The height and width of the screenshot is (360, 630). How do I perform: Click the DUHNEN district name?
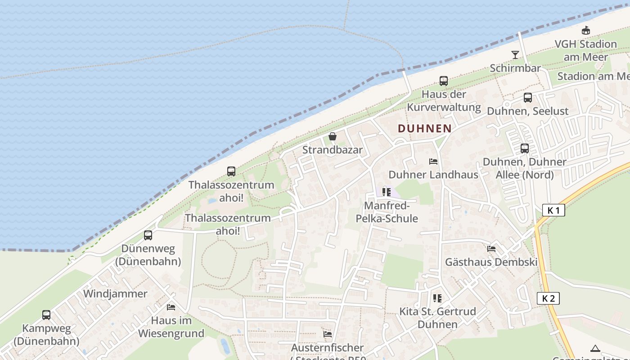pyautogui.click(x=424, y=128)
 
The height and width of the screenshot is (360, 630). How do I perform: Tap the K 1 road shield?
pyautogui.click(x=553, y=210)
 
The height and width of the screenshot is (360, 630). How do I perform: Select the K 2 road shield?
pyautogui.click(x=548, y=298)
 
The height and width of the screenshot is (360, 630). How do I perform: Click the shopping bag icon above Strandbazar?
pyautogui.click(x=333, y=136)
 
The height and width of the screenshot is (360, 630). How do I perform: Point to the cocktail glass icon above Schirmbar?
pyautogui.click(x=515, y=55)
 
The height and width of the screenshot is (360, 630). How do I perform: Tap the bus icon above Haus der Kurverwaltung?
pyautogui.click(x=444, y=81)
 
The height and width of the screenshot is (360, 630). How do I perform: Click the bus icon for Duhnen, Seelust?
pyautogui.click(x=528, y=97)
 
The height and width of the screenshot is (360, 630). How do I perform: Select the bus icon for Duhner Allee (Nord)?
pyautogui.click(x=525, y=148)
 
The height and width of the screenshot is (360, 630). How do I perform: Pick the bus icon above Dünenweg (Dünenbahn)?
pyautogui.click(x=148, y=235)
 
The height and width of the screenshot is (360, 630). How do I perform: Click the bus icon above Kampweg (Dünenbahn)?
pyautogui.click(x=46, y=315)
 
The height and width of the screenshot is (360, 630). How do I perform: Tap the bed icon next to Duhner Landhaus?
pyautogui.click(x=433, y=161)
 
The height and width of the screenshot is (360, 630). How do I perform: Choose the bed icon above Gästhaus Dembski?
pyautogui.click(x=491, y=248)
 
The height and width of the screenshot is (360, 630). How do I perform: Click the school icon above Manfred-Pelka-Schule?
pyautogui.click(x=387, y=192)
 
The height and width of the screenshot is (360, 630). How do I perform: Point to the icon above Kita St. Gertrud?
pyautogui.click(x=437, y=298)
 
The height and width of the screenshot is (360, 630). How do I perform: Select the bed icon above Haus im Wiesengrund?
pyautogui.click(x=171, y=307)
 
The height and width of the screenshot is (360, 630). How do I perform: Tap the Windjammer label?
pyautogui.click(x=115, y=294)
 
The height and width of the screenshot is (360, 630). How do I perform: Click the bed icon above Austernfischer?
pyautogui.click(x=328, y=334)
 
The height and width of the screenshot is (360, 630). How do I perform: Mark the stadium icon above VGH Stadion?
pyautogui.click(x=586, y=31)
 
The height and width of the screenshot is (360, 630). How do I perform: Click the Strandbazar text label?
pyautogui.click(x=332, y=150)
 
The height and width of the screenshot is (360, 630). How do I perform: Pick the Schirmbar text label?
pyautogui.click(x=515, y=68)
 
